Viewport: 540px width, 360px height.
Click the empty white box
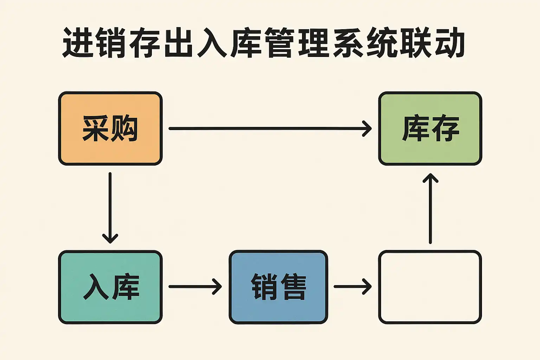pos(430,287)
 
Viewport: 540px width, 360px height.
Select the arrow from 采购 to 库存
pos(270,129)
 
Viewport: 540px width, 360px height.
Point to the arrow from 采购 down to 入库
pos(110,207)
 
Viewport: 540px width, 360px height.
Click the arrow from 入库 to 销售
pos(195,287)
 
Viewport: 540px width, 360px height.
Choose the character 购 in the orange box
pos(124,129)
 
